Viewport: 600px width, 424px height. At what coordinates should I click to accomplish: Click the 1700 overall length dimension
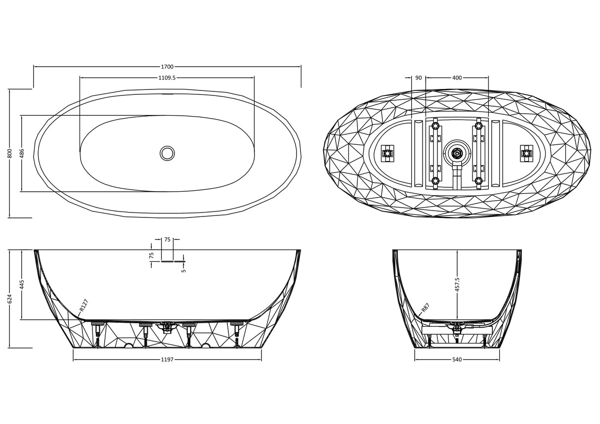tap(167, 67)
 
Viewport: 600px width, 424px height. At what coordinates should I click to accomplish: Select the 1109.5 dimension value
tap(167, 78)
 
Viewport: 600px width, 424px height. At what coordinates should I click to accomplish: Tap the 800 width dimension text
tap(10, 153)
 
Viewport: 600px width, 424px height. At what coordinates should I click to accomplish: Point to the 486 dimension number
tap(22, 153)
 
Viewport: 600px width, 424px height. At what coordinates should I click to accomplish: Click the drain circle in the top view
tap(167, 154)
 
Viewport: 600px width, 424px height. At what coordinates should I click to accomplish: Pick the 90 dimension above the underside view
tap(419, 78)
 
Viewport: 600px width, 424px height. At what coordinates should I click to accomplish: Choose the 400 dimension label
tap(457, 78)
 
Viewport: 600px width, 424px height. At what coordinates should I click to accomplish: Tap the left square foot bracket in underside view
tap(387, 154)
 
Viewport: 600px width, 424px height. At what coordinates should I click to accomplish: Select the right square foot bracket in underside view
tap(526, 154)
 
